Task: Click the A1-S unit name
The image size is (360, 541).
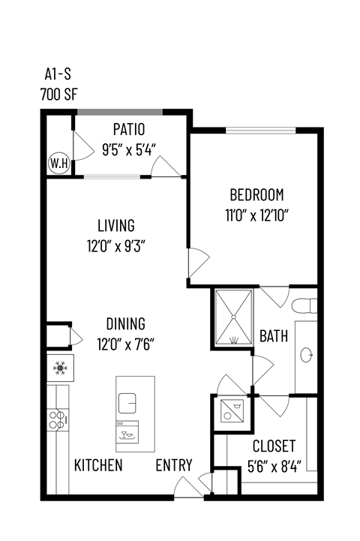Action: (58, 76)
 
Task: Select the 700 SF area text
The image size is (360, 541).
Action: (58, 95)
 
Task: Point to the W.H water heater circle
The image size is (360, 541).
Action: (58, 162)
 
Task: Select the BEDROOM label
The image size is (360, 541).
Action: (256, 195)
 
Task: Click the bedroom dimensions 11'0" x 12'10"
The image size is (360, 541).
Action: (256, 214)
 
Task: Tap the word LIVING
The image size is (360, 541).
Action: (115, 225)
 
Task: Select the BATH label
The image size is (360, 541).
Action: (274, 336)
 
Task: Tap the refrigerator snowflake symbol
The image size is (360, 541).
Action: (58, 368)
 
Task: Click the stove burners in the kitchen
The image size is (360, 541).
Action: (58, 418)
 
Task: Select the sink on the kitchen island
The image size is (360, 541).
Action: (127, 404)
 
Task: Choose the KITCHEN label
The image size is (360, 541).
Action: (98, 465)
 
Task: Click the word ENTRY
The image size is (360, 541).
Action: (174, 465)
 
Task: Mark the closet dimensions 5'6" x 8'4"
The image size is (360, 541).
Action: (274, 464)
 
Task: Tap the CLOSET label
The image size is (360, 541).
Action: (274, 446)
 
